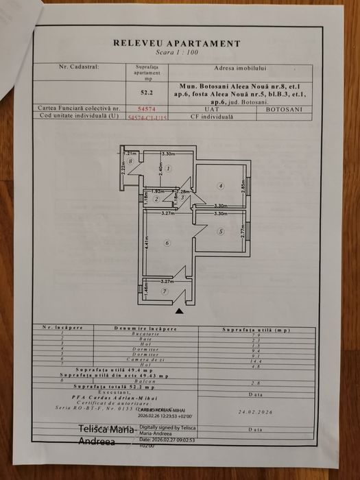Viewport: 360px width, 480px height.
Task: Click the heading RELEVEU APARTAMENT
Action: (x=176, y=43)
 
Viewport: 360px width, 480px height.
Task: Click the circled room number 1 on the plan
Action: (x=168, y=168)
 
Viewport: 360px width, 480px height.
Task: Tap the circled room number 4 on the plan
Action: (x=220, y=185)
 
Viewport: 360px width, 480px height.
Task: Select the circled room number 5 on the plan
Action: (x=220, y=232)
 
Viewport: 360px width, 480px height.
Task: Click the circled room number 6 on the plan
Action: (x=167, y=242)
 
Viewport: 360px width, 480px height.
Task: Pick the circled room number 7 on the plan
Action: (x=164, y=291)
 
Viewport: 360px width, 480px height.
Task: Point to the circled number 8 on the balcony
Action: (x=130, y=161)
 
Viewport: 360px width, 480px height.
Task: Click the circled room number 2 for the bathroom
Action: (x=156, y=199)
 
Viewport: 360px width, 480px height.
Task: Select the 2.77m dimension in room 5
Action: (x=243, y=232)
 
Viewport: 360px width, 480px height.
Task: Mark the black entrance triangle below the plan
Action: (x=180, y=311)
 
